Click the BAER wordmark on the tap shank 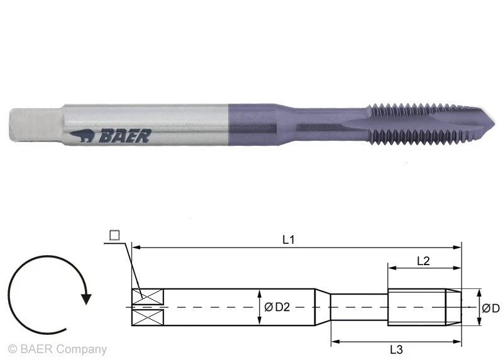pyautogui.click(x=123, y=135)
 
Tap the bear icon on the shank pyautogui.click(x=81, y=135)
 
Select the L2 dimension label pyautogui.click(x=423, y=261)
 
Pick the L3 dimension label pyautogui.click(x=396, y=350)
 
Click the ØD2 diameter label pyautogui.click(x=277, y=307)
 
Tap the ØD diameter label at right pyautogui.click(x=490, y=308)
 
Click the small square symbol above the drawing pyautogui.click(x=114, y=236)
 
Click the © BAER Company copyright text pyautogui.click(x=57, y=349)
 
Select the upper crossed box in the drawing pyautogui.click(x=148, y=296)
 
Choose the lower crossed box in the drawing pyautogui.click(x=148, y=318)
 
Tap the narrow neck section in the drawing pyautogui.click(x=359, y=307)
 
